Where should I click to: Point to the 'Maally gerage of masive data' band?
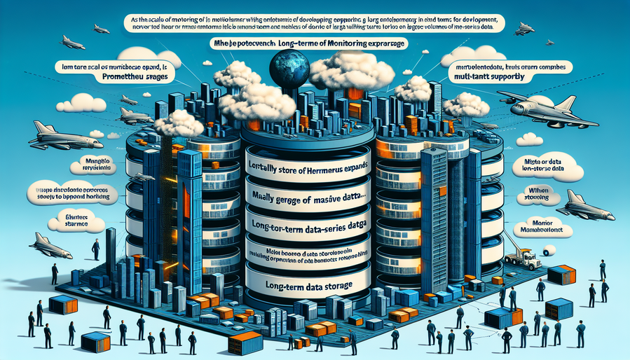click(x=309, y=200)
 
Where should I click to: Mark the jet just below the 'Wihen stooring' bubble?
click(x=579, y=205)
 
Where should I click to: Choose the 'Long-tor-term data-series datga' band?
click(x=309, y=226)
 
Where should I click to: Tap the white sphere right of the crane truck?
click(x=551, y=249)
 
